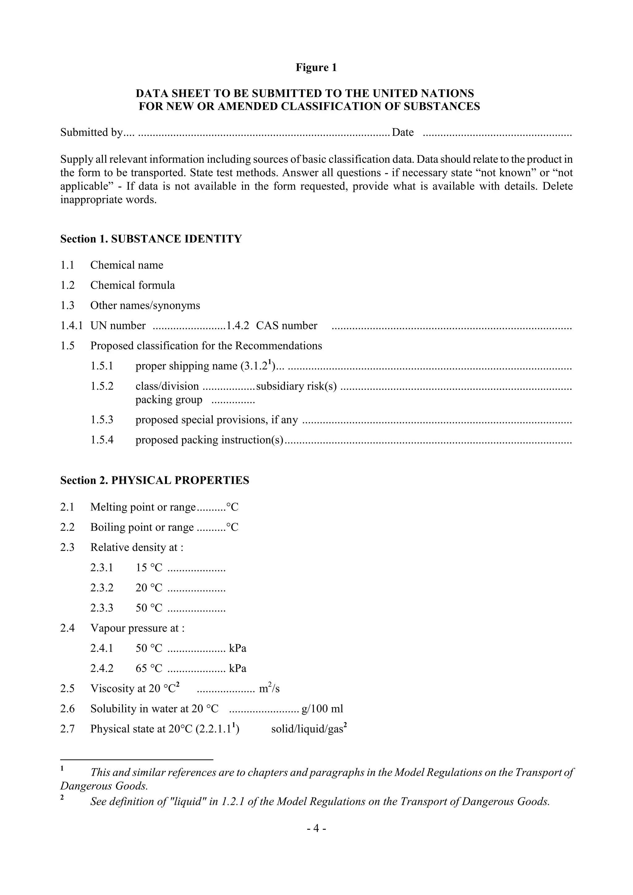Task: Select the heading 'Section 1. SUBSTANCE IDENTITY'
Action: tap(151, 239)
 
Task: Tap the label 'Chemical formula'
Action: tap(133, 285)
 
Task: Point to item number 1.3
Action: tap(67, 306)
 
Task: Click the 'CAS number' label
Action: tap(286, 326)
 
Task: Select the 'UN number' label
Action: tap(118, 326)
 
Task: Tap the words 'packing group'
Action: tap(169, 400)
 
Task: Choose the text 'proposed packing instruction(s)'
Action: tap(209, 440)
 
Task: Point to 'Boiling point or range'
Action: tap(142, 527)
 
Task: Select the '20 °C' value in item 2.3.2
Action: tap(149, 588)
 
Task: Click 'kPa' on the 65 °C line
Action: tap(237, 669)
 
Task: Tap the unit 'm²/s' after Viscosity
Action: tap(269, 689)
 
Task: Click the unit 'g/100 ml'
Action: tap(322, 709)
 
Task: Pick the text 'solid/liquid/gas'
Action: tap(307, 729)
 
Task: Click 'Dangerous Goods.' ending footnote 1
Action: tap(104, 786)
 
